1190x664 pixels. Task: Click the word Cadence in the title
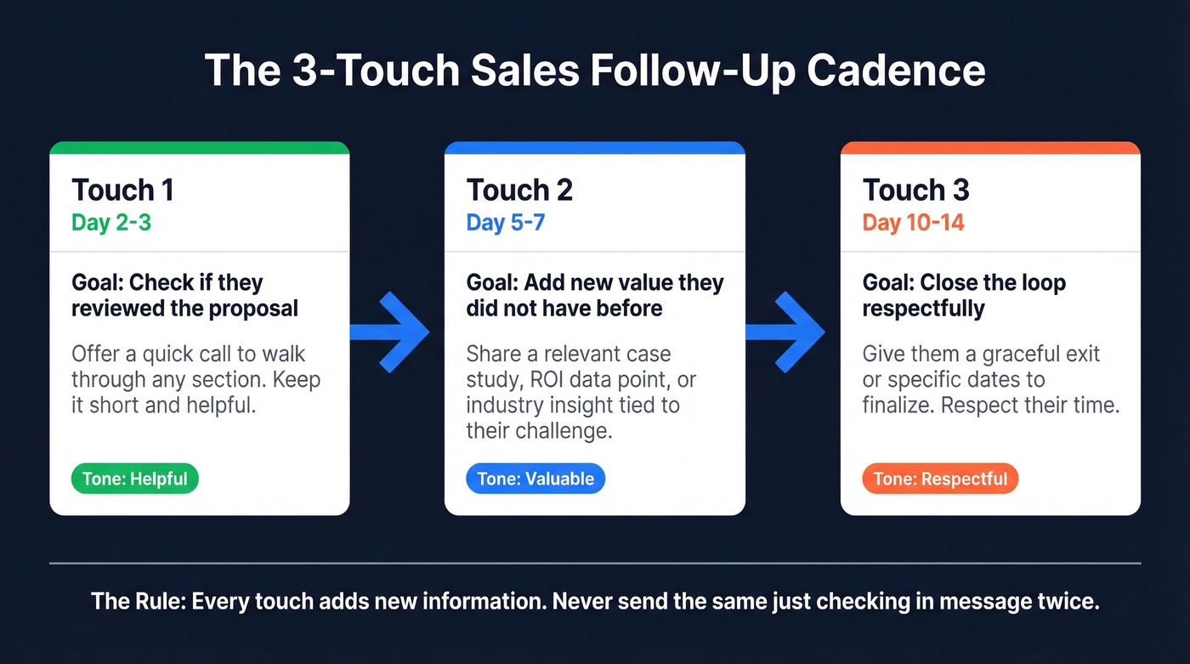click(896, 71)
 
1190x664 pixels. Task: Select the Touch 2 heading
click(519, 190)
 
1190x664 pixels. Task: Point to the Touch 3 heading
click(915, 190)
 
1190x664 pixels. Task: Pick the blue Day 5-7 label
click(505, 223)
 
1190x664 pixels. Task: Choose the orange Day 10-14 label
click(913, 223)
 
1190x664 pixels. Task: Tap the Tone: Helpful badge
click(134, 479)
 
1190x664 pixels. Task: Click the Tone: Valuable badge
click(535, 479)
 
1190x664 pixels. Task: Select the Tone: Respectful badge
click(940, 479)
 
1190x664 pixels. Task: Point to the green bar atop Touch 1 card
click(200, 148)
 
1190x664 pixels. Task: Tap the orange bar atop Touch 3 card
click(990, 148)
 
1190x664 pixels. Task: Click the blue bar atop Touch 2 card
click(595, 148)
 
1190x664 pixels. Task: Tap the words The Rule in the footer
click(136, 602)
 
